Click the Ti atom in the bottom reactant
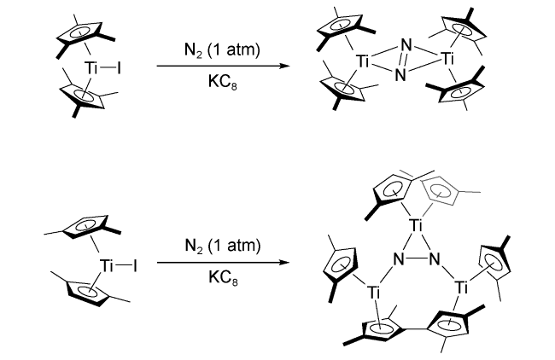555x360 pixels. pos(108,266)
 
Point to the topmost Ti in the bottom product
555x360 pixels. pos(416,226)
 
